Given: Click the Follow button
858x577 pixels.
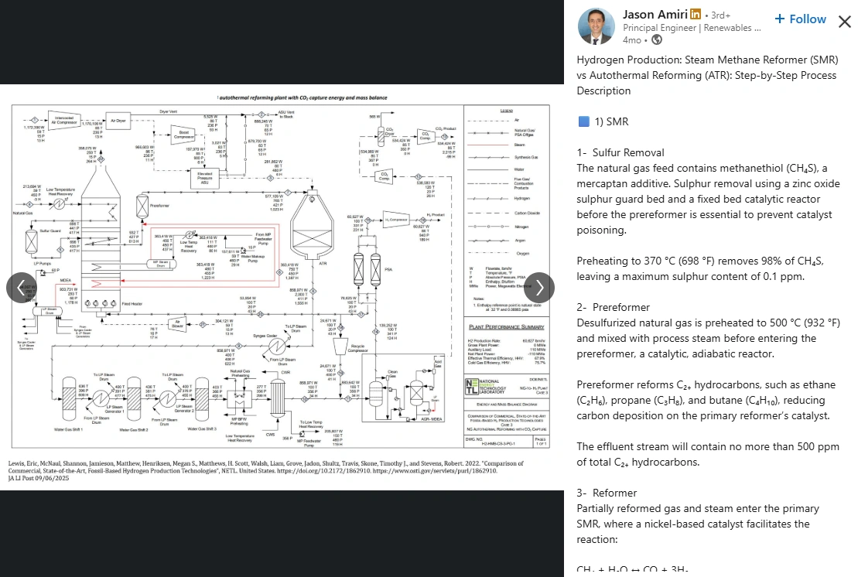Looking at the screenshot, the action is tap(800, 19).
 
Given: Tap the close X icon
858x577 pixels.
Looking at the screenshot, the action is tap(844, 21).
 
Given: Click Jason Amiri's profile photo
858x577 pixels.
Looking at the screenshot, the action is tap(596, 26).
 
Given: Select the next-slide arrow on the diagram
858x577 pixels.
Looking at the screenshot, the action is tap(539, 288).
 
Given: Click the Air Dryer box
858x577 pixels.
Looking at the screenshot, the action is tap(118, 121).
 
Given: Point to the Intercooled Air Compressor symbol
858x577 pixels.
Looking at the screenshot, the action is tap(64, 121).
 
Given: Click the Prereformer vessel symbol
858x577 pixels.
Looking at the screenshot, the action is tap(142, 206).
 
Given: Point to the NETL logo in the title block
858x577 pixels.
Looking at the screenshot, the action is tap(472, 387).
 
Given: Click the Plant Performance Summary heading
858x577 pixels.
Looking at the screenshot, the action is tap(505, 328).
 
